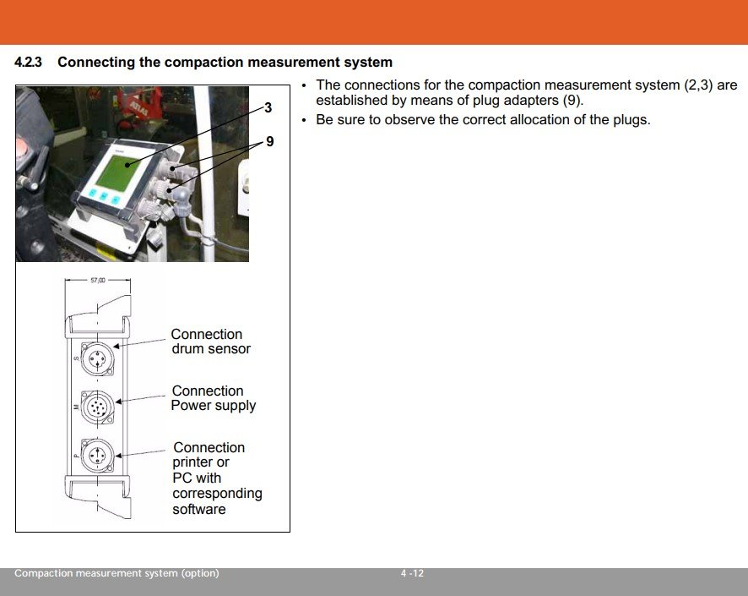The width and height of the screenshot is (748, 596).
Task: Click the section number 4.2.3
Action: [x=28, y=62]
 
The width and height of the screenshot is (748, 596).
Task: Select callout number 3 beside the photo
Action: [x=268, y=108]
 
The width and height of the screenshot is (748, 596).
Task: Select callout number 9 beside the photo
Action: [x=270, y=141]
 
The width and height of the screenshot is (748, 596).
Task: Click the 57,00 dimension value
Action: [x=98, y=281]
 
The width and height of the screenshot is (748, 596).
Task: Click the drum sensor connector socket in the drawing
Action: [x=97, y=358]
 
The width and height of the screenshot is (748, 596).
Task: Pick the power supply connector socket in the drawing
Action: [x=97, y=407]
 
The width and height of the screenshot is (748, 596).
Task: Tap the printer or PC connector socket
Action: [x=97, y=456]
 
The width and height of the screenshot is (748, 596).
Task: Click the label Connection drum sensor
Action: [x=210, y=342]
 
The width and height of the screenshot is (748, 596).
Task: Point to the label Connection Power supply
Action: [x=214, y=398]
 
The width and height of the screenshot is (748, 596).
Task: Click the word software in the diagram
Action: [x=199, y=509]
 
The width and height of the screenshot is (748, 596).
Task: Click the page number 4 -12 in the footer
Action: [x=412, y=573]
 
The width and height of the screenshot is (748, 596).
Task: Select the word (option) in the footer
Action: [x=200, y=573]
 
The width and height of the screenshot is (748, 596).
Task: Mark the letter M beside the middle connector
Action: [x=75, y=407]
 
